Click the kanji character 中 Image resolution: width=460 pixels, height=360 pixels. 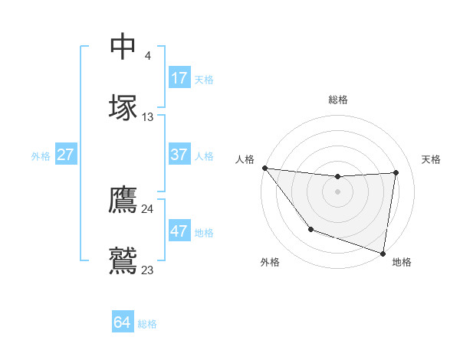point(123,47)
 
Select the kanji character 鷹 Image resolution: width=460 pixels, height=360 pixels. point(123,201)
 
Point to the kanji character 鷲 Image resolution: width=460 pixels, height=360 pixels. point(123,260)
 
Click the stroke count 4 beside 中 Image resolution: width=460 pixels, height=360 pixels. point(147,56)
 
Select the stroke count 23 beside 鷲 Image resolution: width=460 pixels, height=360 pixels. point(147,270)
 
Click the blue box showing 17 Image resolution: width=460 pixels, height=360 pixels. point(179,78)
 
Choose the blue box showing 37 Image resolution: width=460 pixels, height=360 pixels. point(179,155)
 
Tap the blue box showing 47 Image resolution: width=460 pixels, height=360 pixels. point(179,231)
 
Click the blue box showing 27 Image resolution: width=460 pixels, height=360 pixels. point(65,155)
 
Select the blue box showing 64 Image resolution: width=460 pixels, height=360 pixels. point(122,322)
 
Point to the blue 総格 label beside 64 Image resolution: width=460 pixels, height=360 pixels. point(147,324)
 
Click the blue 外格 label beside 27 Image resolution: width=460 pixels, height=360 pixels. point(41,156)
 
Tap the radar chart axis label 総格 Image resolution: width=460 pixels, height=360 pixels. point(338,100)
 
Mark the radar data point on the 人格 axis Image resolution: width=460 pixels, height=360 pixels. point(264,168)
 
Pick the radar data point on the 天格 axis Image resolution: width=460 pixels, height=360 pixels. point(396,172)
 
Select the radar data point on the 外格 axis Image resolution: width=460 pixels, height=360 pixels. point(310,229)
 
